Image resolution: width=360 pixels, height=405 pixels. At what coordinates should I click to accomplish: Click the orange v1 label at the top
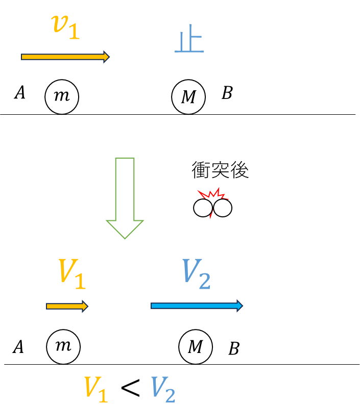65,27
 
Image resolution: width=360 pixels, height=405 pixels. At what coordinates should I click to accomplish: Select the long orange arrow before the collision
65,57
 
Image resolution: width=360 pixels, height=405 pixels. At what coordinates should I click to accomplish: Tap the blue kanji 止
189,39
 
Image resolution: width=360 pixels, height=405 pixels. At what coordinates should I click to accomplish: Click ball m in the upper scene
62,97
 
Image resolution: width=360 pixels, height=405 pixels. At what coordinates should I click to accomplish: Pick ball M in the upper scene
188,97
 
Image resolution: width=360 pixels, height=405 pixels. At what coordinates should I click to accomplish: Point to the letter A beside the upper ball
19,92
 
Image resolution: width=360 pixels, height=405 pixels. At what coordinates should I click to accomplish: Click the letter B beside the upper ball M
227,93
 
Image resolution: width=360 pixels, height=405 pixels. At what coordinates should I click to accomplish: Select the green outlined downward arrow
125,198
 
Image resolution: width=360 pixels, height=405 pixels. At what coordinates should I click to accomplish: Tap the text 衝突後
220,170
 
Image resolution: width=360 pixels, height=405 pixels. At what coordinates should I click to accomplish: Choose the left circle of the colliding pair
203,208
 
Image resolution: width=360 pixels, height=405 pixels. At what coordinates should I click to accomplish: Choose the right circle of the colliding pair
223,208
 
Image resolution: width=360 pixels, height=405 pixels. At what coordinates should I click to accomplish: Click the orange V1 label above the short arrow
72,274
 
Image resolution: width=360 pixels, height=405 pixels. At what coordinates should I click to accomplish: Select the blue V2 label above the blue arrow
196,274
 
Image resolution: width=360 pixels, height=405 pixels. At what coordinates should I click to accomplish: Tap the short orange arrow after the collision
67,307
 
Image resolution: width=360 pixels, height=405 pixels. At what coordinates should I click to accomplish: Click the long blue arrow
197,306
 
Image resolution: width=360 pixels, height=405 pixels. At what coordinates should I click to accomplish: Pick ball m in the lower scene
63,347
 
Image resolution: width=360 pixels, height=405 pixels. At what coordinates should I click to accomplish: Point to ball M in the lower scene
196,347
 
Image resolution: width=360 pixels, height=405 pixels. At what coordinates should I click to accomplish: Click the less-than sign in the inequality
131,388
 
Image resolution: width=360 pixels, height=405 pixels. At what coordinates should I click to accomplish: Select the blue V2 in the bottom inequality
163,390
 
